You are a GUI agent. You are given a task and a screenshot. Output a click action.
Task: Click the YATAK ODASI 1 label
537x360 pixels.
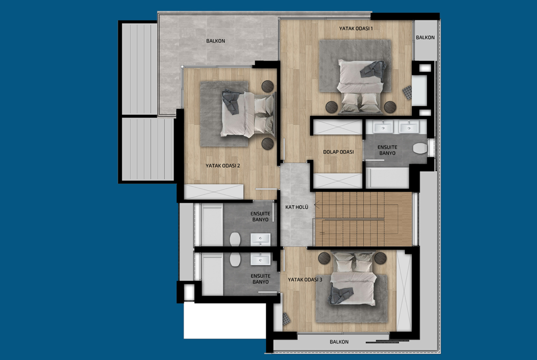[x=356, y=28]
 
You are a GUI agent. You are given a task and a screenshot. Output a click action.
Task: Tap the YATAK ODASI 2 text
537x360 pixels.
[x=223, y=166]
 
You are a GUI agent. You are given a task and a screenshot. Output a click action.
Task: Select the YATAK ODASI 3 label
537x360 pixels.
[x=305, y=280]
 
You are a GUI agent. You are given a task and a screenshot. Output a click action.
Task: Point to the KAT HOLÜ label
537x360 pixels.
[x=296, y=207]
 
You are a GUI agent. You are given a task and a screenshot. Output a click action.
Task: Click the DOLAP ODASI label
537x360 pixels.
[x=338, y=152]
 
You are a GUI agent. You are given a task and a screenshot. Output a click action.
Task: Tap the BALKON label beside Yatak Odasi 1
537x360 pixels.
[x=425, y=38]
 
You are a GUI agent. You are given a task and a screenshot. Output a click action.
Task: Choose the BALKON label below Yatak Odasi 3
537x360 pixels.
[x=339, y=342]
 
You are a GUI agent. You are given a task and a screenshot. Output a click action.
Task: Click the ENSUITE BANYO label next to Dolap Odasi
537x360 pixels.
[x=387, y=150]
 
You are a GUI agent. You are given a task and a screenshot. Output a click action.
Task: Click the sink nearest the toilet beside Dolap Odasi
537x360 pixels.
[x=408, y=127]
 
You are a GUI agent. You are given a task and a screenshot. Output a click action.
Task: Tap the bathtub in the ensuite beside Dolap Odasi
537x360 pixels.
[x=387, y=177]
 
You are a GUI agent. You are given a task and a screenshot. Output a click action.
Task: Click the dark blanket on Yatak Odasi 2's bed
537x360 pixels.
[x=231, y=102]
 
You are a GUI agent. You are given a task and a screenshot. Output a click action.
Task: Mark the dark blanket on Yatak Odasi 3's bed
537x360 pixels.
[x=341, y=295]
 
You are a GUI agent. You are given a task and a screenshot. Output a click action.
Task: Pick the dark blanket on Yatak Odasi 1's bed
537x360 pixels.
[x=373, y=69]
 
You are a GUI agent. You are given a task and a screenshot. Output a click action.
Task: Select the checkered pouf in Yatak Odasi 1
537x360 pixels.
[x=407, y=92]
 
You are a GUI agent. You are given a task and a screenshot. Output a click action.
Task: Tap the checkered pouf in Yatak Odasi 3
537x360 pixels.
[x=286, y=319]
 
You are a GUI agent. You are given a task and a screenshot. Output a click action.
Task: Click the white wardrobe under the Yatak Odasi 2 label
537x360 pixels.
[x=214, y=192]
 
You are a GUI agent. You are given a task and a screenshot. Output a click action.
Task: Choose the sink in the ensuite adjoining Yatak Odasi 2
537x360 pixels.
[x=261, y=239]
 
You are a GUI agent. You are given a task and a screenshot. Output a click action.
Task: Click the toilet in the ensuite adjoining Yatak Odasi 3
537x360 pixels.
[x=235, y=260]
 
